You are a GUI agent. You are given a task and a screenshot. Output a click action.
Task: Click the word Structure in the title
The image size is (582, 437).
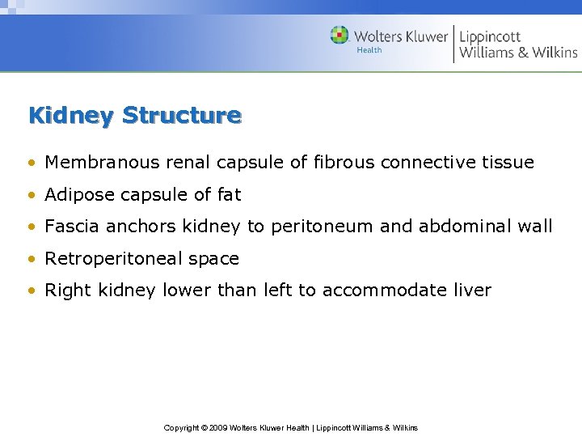pos(182,116)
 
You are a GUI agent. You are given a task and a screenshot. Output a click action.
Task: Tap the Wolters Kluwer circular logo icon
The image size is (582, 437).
pos(339,35)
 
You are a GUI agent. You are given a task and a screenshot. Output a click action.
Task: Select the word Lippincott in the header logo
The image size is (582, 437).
pos(490,36)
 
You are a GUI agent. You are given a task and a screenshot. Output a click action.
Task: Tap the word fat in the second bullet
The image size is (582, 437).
pos(229,195)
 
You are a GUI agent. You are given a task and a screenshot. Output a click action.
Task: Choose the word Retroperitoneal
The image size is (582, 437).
pos(112,259)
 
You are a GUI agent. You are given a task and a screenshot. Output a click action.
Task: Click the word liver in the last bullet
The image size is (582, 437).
pos(472,291)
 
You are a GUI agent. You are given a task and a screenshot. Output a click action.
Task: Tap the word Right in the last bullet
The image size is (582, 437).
pos(66,291)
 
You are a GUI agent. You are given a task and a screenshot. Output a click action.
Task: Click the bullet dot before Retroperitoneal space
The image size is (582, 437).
pos(31,260)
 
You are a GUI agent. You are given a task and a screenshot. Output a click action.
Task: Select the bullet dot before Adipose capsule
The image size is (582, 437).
pos(31,196)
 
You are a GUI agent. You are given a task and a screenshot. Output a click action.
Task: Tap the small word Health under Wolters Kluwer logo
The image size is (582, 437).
pos(369,50)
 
